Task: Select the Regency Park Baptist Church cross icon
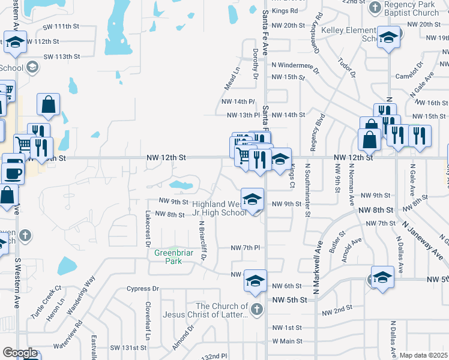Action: (375, 7)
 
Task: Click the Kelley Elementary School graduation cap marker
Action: (388, 38)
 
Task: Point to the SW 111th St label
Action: (61, 27)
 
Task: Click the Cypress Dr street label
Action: (143, 289)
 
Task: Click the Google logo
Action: (19, 353)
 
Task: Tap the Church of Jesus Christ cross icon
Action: (256, 310)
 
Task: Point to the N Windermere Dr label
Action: (298, 64)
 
